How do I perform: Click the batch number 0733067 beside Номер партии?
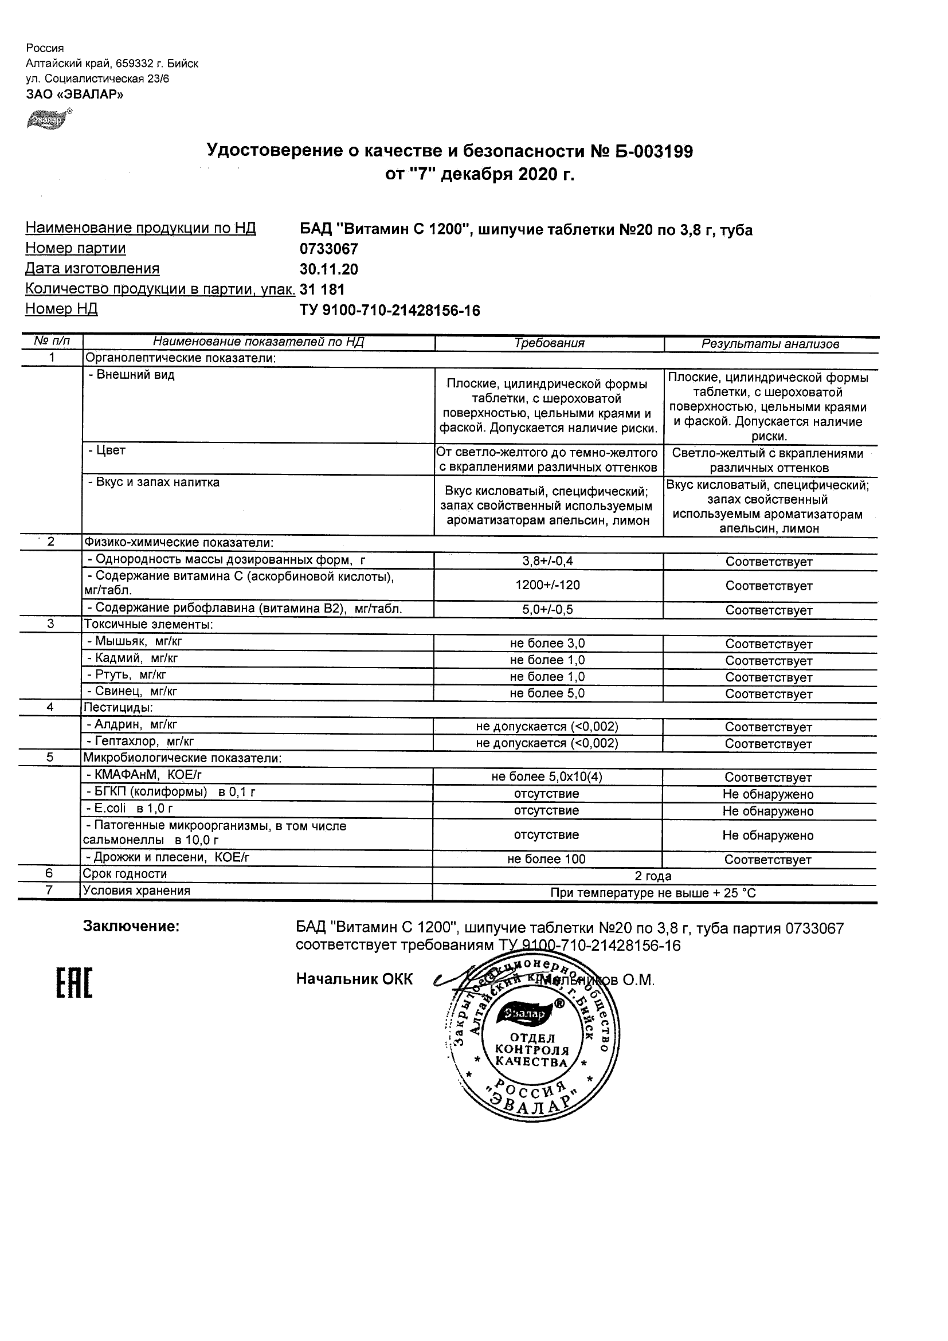coord(329,249)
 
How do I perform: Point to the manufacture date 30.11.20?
coord(329,269)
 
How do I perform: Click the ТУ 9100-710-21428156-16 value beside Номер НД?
coord(390,311)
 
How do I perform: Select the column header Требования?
coord(549,343)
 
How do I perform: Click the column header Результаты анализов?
coord(770,344)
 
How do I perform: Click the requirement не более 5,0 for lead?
coord(547,693)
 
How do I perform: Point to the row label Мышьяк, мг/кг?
coord(139,641)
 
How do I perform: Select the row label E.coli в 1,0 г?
coord(130,809)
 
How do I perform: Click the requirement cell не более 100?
coord(547,859)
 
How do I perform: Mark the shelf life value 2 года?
coord(653,876)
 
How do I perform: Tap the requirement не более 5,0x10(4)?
coord(547,777)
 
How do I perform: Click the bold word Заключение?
coord(131,926)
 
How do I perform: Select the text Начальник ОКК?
coord(354,979)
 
